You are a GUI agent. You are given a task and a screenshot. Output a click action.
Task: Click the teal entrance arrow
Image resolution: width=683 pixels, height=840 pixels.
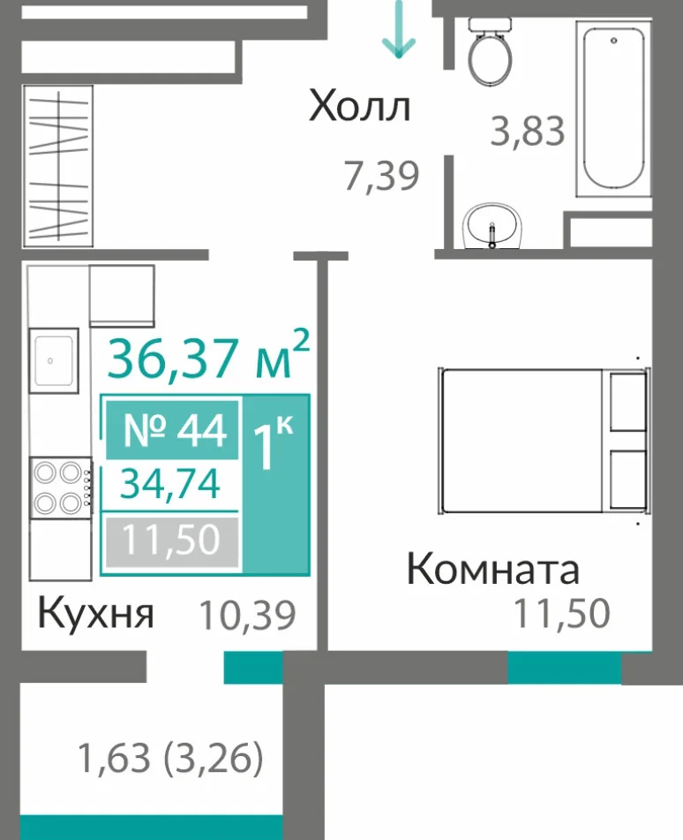point(399,28)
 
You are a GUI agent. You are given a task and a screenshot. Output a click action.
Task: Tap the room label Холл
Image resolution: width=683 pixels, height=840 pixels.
point(360,107)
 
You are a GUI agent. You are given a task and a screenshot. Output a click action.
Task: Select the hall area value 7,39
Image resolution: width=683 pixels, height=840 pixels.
point(381,177)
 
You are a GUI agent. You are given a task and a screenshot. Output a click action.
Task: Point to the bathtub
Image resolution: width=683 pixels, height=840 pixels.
point(613,109)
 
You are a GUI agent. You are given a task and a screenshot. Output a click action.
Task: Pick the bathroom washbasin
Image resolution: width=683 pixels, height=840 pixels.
point(492,226)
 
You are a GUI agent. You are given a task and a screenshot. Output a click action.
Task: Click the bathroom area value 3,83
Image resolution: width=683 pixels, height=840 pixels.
point(528,132)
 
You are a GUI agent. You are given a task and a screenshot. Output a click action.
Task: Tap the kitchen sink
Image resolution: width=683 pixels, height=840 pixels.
point(54,360)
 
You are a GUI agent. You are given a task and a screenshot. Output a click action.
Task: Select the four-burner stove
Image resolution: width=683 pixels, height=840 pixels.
point(61,488)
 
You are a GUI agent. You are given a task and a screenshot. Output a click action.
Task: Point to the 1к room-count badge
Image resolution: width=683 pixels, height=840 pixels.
point(275,484)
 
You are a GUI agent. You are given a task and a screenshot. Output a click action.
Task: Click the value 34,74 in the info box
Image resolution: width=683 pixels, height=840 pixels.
point(170,484)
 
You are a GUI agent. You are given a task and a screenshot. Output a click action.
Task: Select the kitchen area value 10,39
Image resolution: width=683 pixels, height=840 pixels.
point(247,616)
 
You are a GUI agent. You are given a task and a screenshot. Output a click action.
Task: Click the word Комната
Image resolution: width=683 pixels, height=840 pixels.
point(493,570)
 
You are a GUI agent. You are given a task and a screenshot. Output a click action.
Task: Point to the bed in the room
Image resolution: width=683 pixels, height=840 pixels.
point(544,441)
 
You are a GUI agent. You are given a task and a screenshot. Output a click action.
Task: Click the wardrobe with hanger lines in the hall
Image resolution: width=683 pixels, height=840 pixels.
point(58,166)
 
